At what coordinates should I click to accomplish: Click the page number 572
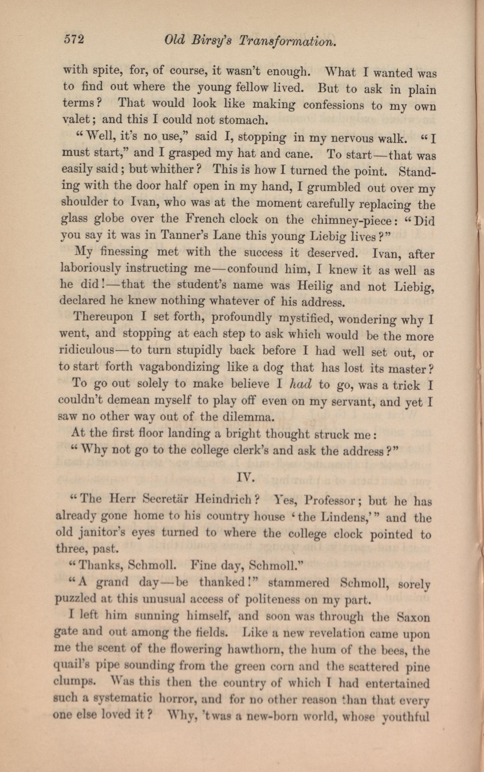(74, 40)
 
